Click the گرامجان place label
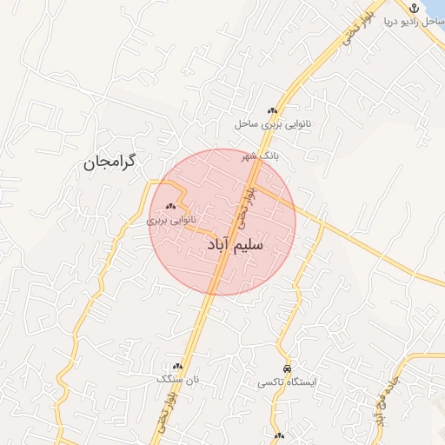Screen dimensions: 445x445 pyautogui.click(x=112, y=163)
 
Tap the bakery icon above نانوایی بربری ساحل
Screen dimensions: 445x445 pyautogui.click(x=272, y=110)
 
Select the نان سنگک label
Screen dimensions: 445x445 pyautogui.click(x=177, y=380)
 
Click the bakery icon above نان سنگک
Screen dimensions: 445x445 pyautogui.click(x=178, y=367)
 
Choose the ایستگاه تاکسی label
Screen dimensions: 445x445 pyautogui.click(x=288, y=382)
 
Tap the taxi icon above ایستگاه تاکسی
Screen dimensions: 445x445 pyautogui.click(x=287, y=369)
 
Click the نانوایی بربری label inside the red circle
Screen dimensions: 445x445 pyautogui.click(x=171, y=221)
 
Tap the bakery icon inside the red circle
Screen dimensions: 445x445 pyautogui.click(x=170, y=207)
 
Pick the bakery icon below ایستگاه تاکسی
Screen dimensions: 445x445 pyautogui.click(x=279, y=436)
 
